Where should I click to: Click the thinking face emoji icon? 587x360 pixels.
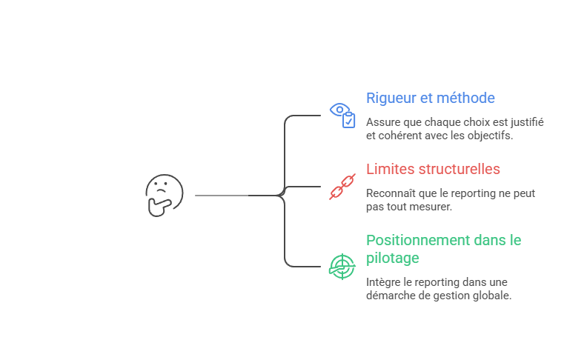pos(164,195)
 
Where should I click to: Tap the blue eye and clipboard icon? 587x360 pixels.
pos(342,116)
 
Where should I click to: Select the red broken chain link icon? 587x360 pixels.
pos(342,187)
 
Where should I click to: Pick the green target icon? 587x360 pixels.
pos(342,265)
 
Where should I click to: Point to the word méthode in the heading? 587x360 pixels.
pos(466,99)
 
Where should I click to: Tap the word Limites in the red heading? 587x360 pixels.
pos(390,169)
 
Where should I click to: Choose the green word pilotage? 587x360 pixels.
pos(393,258)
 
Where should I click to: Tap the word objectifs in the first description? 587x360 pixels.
pos(489,136)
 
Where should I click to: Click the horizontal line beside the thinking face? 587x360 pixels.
pos(222,195)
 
